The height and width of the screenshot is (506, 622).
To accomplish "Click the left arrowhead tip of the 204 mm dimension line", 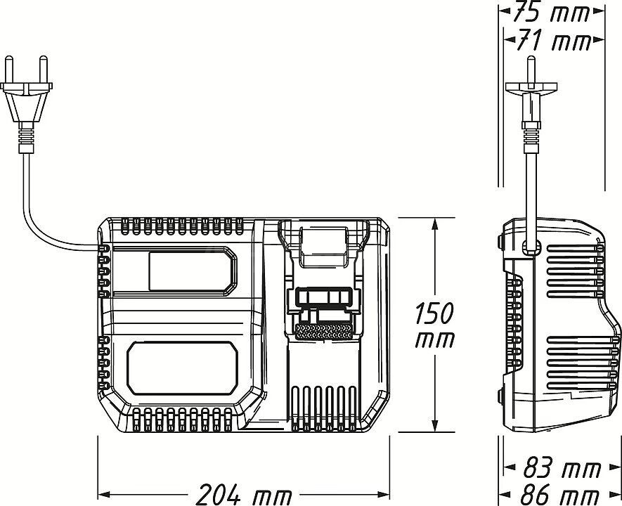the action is [98, 495].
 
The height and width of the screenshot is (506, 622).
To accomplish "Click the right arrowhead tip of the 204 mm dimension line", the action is [389, 495].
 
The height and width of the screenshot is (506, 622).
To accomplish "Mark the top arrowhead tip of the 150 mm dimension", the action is [436, 218].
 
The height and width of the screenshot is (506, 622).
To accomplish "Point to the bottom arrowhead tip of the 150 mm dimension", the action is [436, 432].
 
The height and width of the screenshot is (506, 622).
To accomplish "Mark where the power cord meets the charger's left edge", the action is [98, 248].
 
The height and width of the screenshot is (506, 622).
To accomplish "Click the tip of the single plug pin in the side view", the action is [531, 57].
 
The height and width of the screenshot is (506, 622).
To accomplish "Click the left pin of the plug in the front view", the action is [8, 70].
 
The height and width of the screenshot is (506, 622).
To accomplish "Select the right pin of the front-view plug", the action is [44, 70].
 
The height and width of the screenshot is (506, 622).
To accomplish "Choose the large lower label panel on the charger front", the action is [183, 369].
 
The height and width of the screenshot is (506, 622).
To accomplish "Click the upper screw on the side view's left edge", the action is [500, 240].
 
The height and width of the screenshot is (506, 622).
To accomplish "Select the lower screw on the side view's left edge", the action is [500, 396].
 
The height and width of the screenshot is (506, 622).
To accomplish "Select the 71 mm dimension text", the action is [554, 41].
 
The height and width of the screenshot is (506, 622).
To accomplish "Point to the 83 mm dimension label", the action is [562, 468].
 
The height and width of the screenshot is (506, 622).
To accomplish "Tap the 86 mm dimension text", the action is [560, 495].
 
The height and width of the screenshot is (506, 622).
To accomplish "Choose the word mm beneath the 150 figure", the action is [435, 341].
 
